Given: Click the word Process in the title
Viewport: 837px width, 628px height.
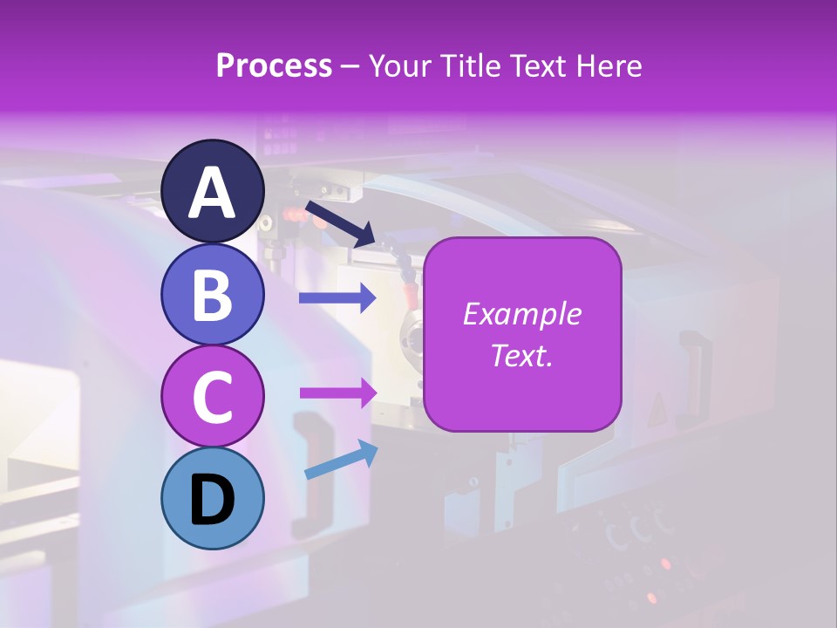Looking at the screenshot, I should [274, 66].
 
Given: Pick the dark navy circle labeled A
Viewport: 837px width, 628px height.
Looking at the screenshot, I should [213, 191].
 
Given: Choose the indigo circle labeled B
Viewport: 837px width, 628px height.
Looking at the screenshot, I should [213, 294].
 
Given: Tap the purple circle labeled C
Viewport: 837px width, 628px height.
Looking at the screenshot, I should [213, 396].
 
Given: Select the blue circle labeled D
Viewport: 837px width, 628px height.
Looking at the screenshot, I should [213, 498].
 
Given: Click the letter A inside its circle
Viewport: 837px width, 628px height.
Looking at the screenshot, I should [213, 193].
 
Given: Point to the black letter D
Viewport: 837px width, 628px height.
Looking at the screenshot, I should [213, 500].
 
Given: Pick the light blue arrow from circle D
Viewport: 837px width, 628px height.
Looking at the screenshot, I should [340, 460].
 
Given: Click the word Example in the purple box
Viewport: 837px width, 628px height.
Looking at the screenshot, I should [522, 314].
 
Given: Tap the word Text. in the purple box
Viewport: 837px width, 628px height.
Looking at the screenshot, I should [522, 355].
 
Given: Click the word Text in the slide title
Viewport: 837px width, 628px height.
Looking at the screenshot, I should [548, 66].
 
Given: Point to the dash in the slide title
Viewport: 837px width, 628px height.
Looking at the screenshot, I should [350, 67].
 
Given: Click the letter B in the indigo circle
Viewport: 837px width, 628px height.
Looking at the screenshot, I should [213, 295].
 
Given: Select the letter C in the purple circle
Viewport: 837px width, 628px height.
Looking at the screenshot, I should [213, 397].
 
